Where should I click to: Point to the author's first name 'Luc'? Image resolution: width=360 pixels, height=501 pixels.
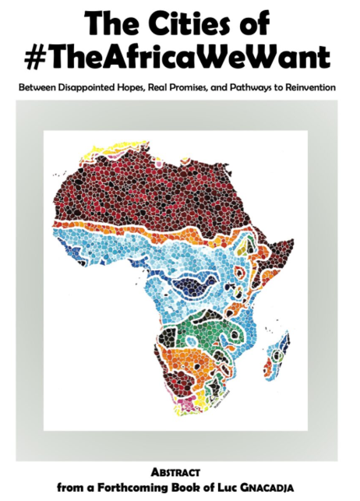(x=234, y=487)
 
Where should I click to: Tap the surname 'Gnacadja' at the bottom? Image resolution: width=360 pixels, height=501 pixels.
(x=274, y=487)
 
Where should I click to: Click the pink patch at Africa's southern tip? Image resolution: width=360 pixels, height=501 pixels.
(x=189, y=404)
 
